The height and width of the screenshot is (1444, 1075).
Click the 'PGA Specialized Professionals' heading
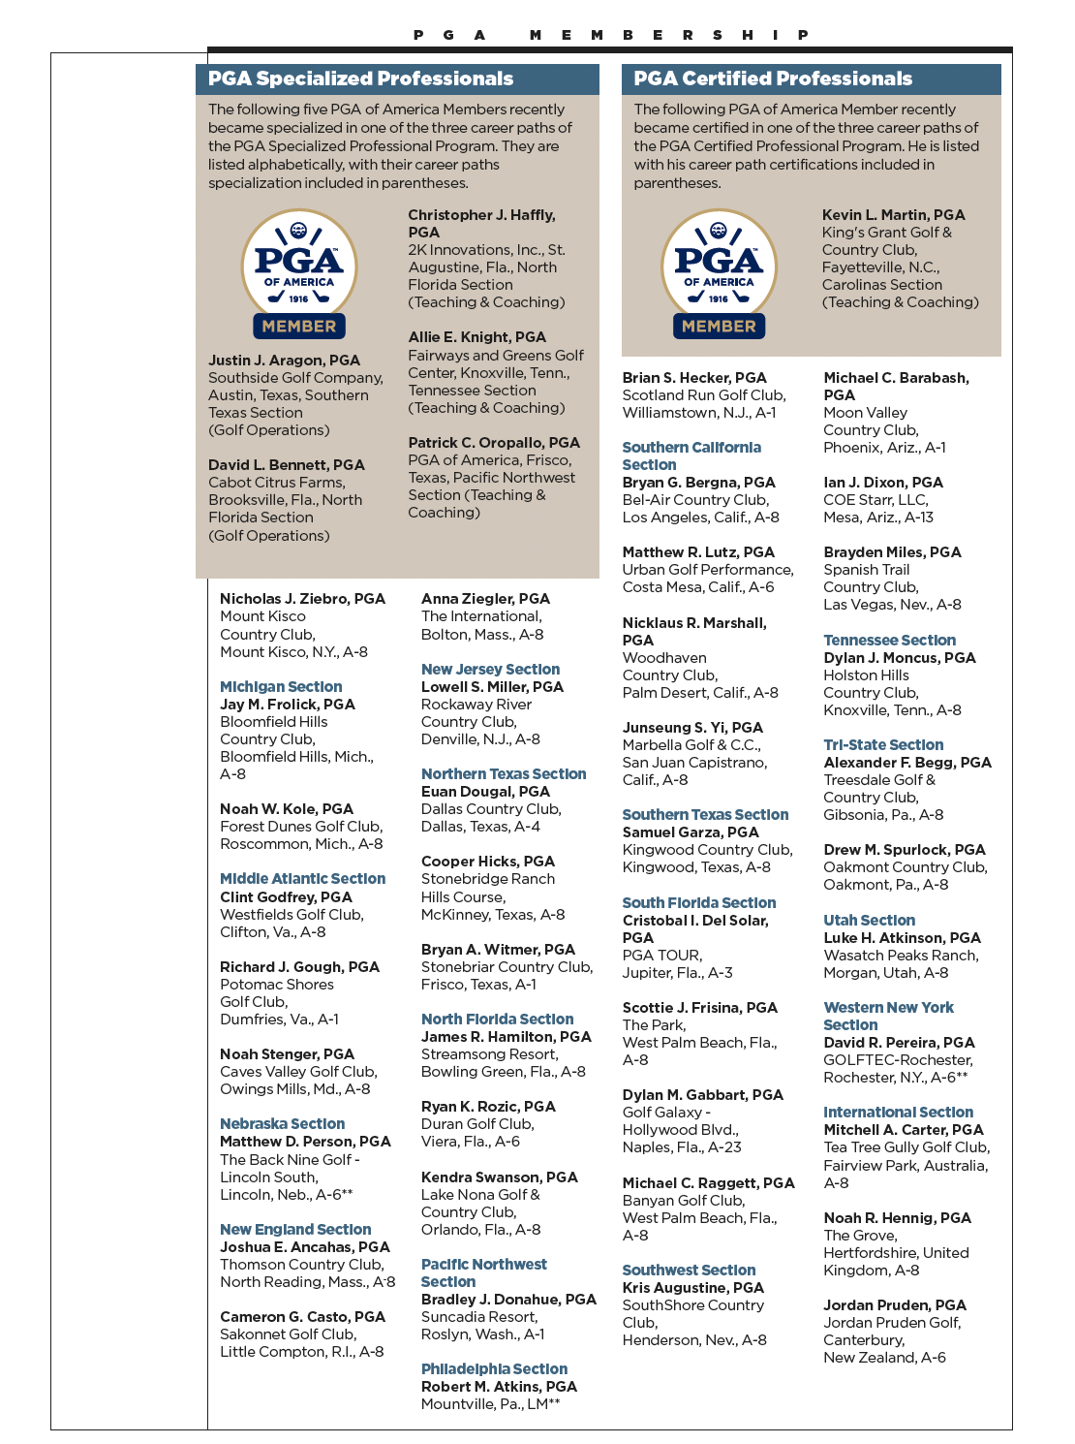[360, 78]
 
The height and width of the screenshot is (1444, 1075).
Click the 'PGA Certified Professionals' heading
[773, 78]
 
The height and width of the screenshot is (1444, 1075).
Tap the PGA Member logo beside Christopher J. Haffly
[299, 274]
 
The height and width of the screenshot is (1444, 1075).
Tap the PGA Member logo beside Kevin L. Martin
[719, 274]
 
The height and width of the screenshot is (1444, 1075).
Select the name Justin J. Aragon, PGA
[284, 361]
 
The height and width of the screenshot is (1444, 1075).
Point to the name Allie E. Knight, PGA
[476, 337]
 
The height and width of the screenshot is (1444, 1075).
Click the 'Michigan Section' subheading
[281, 687]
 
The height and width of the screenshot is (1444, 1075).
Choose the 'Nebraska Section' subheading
[282, 1124]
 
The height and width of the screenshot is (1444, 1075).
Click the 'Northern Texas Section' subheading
[504, 774]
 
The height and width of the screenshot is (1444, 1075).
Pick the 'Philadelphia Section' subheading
[494, 1369]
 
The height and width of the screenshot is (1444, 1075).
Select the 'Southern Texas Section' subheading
[705, 815]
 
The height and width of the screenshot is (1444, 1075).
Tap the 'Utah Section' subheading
[869, 921]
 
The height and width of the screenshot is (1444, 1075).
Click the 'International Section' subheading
[898, 1113]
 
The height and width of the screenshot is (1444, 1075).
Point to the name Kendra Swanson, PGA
[499, 1177]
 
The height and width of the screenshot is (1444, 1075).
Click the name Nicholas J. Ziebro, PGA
[302, 599]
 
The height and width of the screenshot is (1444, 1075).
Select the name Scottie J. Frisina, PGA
[699, 1008]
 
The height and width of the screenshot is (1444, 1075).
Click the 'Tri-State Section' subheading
[883, 745]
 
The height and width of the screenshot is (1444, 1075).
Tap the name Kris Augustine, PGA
[692, 1288]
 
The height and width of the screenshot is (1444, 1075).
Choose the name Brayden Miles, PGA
[892, 552]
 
